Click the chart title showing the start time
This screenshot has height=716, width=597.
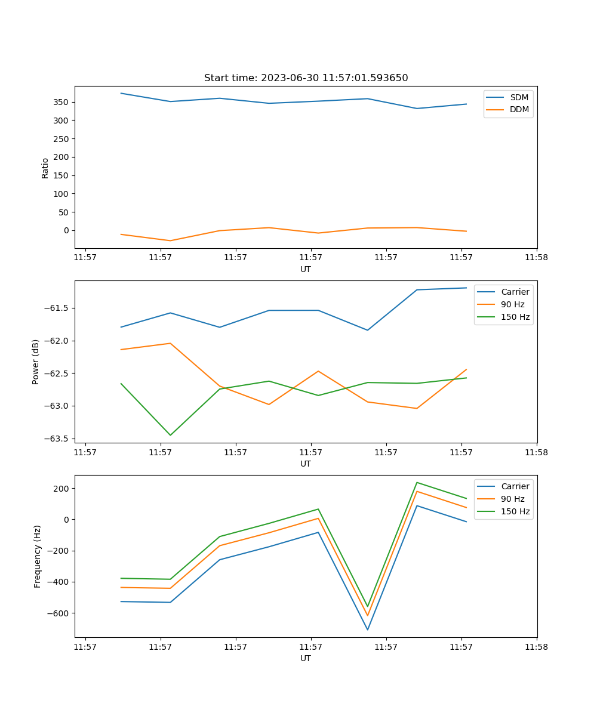click(x=306, y=78)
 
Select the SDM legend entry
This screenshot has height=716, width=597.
click(x=519, y=97)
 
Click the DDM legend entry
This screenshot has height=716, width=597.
click(x=519, y=109)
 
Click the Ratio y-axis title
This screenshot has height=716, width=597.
click(x=45, y=168)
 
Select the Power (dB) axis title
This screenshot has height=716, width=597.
click(x=36, y=362)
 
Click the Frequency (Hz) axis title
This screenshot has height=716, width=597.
click(x=38, y=556)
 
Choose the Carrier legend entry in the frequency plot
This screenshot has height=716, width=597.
click(x=515, y=486)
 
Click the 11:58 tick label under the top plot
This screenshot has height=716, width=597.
click(x=536, y=258)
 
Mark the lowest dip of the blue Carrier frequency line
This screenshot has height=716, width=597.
click(x=367, y=629)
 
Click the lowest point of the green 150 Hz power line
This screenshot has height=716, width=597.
click(x=170, y=435)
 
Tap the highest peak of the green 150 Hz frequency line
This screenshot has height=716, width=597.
click(x=417, y=482)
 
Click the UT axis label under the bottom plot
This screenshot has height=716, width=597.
click(x=306, y=658)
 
